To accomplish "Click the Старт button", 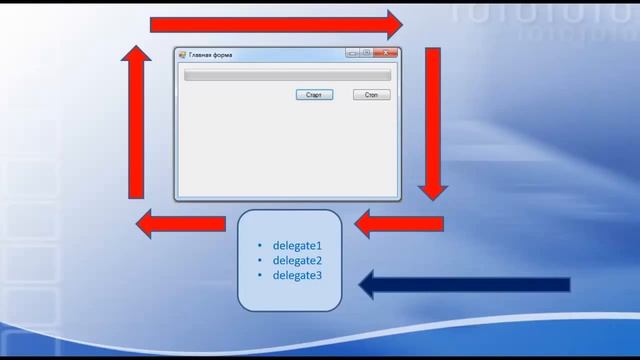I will pos(314,95).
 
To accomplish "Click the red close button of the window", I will pos(388,54).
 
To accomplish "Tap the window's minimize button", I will pos(353,54).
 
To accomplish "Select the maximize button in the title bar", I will pos(367,54).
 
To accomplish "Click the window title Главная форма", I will pos(211,55).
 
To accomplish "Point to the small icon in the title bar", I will pos(182,55).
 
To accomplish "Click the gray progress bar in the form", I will pos(287,75).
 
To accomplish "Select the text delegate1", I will pos(297,245).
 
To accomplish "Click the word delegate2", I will pos(297,260).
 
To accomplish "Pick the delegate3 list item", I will pos(297,275).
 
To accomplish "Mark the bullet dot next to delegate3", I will pos(259,276).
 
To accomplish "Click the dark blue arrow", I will pos(464,285).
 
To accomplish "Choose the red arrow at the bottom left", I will pos(180,224).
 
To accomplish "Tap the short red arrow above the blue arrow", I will pos(399,224).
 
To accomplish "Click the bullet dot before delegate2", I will pos(259,261).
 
